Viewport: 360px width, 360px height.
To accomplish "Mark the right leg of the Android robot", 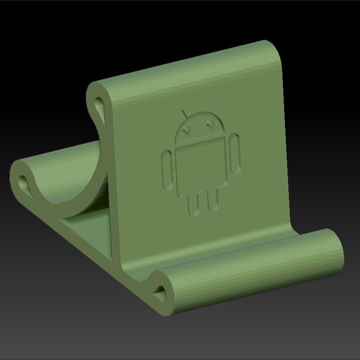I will point(212,199).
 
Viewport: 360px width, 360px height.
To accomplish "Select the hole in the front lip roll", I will point(162,290).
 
